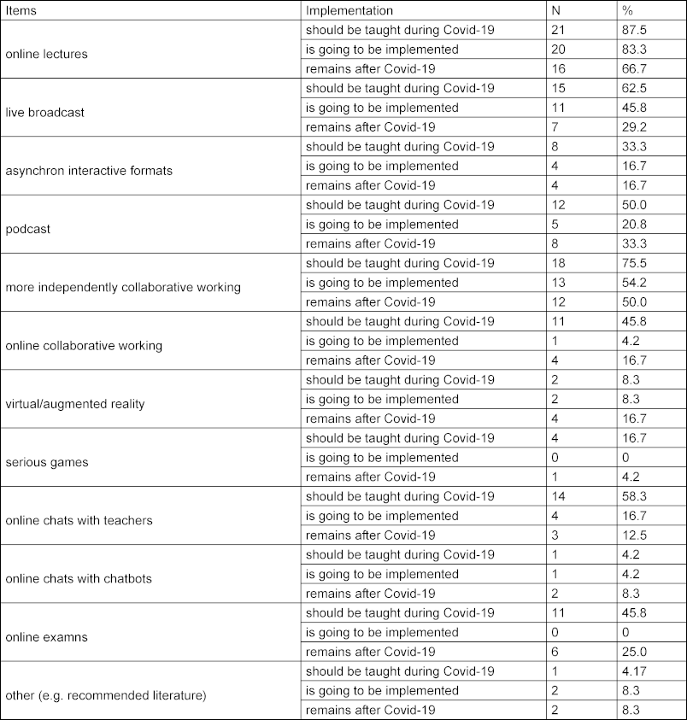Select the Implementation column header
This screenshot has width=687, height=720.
pyautogui.click(x=349, y=10)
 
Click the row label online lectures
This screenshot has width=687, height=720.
pyautogui.click(x=46, y=54)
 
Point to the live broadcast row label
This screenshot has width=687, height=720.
pyautogui.click(x=44, y=112)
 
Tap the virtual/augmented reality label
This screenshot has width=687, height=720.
pyautogui.click(x=74, y=404)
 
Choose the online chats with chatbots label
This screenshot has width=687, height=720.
pyautogui.click(x=79, y=578)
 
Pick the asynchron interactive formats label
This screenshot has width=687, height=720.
pyautogui.click(x=89, y=170)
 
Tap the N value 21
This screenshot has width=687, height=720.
pyautogui.click(x=559, y=30)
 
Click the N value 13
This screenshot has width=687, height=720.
pyautogui.click(x=559, y=283)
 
